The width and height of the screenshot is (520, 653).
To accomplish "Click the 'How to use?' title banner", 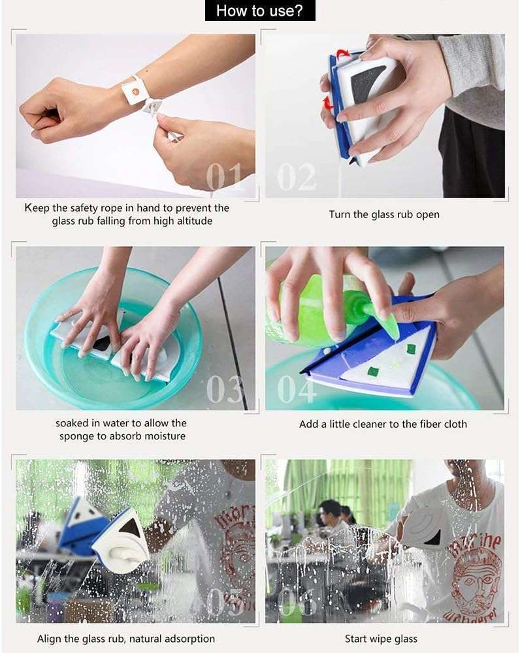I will [260, 10].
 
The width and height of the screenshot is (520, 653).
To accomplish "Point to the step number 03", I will [225, 389].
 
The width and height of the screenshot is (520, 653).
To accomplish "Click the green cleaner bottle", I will [307, 307].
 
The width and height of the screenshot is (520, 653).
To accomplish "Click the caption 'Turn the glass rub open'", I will [384, 214].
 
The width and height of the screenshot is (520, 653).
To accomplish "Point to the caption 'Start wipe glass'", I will [381, 639].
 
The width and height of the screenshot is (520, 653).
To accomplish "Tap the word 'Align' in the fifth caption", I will [50, 639].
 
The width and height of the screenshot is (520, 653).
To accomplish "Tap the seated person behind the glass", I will [332, 519].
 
